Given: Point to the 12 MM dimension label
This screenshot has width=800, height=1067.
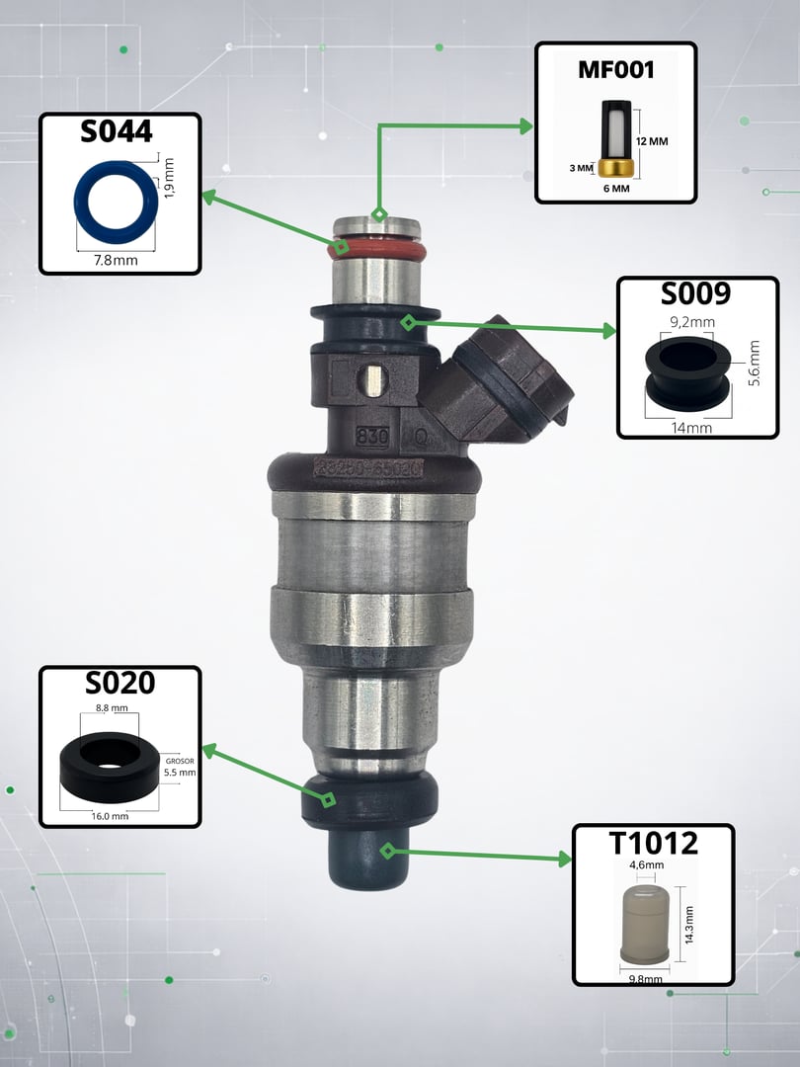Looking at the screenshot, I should pos(652,142).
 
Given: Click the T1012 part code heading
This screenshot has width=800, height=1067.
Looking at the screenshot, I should pos(653,843).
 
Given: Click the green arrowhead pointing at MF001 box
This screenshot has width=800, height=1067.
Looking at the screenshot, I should pos(524,125).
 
